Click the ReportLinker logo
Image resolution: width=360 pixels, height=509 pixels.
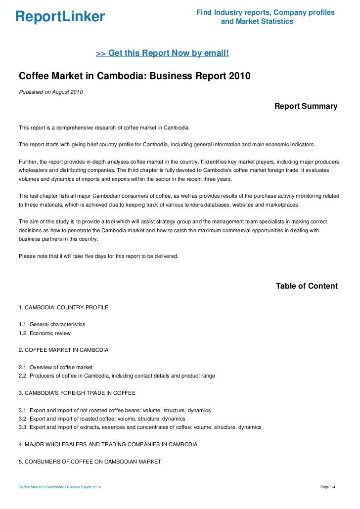click(x=60, y=17)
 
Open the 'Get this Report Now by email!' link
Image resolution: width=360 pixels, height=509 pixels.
click(x=162, y=53)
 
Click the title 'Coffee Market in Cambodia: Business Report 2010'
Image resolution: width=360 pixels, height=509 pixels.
click(x=135, y=77)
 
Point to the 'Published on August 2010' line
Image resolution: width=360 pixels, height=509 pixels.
click(x=51, y=92)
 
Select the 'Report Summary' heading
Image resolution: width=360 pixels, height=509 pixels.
click(x=306, y=106)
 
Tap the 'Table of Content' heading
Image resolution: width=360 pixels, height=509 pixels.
click(x=307, y=286)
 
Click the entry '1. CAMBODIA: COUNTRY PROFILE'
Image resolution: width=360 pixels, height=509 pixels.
click(x=63, y=307)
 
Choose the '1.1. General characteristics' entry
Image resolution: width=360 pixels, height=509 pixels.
click(x=52, y=324)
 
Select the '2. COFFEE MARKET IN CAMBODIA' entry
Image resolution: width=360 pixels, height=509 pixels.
click(x=63, y=350)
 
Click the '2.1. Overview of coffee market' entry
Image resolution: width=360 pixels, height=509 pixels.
click(x=55, y=367)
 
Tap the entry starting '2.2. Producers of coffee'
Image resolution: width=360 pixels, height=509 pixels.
click(x=117, y=376)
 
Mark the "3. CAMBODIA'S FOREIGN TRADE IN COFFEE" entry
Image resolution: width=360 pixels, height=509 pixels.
click(x=77, y=392)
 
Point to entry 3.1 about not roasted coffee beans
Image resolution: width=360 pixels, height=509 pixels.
click(x=115, y=410)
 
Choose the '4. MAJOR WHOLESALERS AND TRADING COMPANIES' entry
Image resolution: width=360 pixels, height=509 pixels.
click(x=108, y=444)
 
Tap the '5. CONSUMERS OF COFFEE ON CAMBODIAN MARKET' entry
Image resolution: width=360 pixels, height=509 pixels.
click(x=90, y=462)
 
